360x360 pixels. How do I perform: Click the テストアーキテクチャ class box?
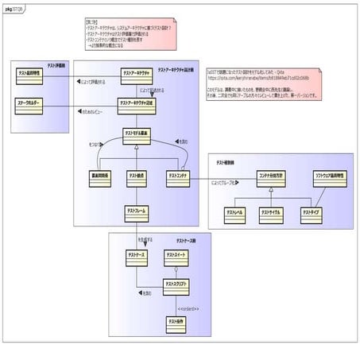[x=137, y=75]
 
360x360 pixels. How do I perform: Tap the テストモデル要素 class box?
[x=137, y=135]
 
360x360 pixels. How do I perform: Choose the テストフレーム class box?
[x=137, y=214]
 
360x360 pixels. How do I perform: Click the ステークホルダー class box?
[x=31, y=105]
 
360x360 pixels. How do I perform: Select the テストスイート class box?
[x=176, y=257]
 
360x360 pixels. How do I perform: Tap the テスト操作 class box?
[x=176, y=323]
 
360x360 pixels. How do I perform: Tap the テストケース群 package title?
[x=186, y=239]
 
